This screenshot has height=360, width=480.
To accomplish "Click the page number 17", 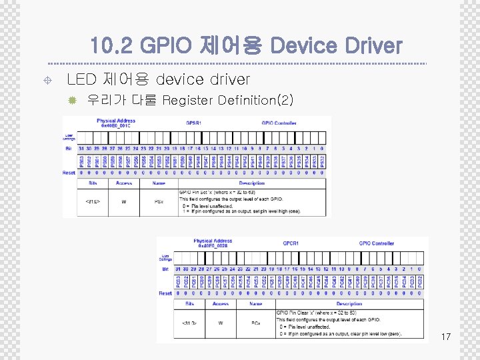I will click(445, 337).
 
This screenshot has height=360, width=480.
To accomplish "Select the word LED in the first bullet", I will click(81, 80).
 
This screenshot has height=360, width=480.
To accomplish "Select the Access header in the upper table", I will click(124, 182).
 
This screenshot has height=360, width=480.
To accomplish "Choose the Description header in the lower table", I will click(349, 303).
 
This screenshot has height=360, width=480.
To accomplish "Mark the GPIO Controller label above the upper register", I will click(278, 123).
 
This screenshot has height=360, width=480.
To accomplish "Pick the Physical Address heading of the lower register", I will click(213, 241).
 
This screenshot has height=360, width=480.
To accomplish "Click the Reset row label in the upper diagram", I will click(69, 173).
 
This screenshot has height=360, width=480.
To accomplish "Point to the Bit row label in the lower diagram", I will click(165, 269).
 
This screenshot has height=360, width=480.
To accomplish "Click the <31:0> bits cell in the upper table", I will click(93, 200).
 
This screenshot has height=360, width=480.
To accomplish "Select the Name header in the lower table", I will click(255, 303).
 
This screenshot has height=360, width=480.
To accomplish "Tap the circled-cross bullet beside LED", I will click(42, 80).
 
